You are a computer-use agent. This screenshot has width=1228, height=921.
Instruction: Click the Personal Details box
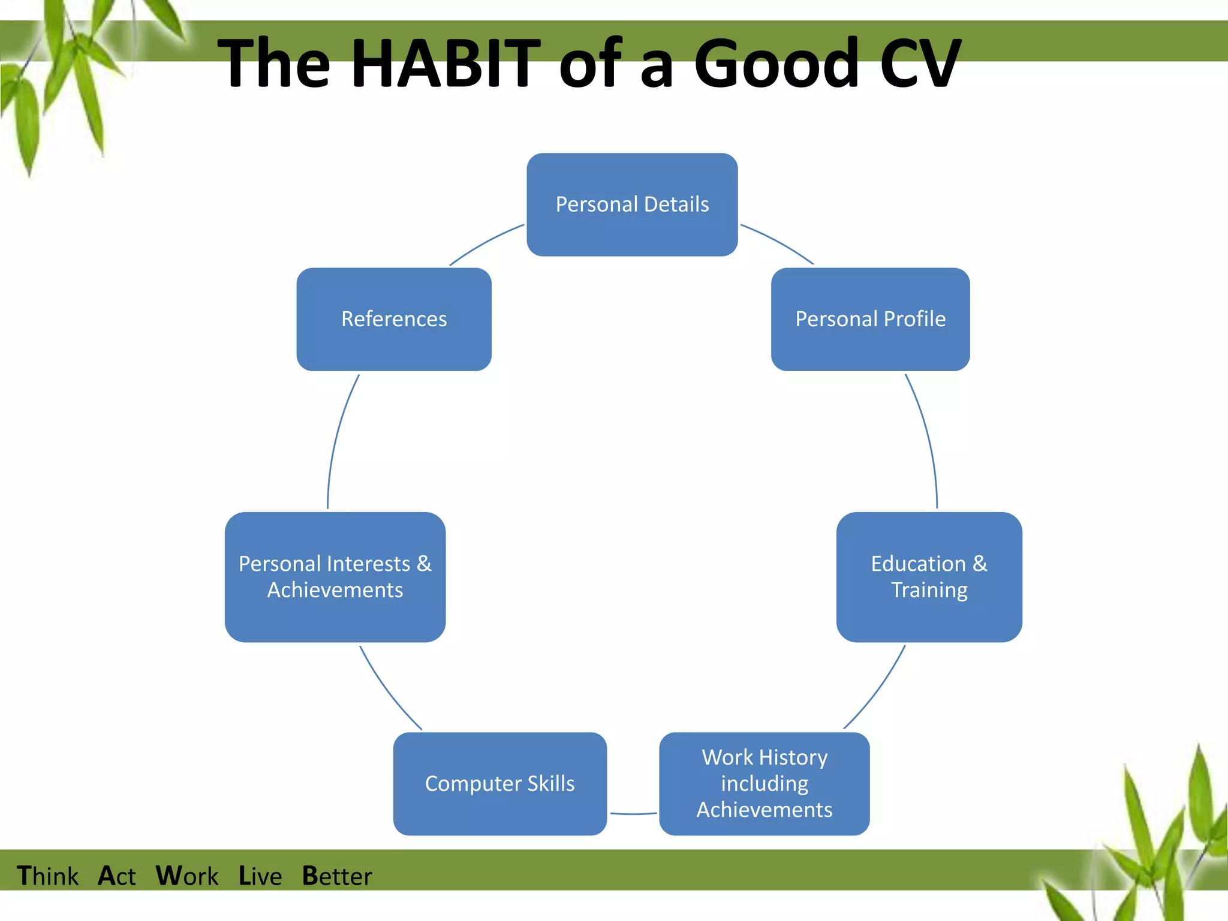(632, 204)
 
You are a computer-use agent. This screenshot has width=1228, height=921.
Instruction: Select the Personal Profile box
(870, 319)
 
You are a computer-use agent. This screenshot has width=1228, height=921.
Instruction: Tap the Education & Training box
(929, 577)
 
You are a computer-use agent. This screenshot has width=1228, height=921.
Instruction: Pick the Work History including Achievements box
(764, 783)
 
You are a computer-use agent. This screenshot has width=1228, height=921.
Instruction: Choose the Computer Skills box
(499, 783)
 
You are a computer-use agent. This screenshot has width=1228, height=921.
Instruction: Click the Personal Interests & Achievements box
(335, 577)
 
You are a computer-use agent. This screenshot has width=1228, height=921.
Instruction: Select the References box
(394, 319)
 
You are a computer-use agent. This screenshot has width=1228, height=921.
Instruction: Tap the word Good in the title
(777, 63)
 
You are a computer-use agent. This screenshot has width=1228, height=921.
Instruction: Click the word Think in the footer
(47, 876)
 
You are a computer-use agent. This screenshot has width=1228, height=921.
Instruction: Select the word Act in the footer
(117, 876)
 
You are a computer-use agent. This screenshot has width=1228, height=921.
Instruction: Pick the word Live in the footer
(260, 876)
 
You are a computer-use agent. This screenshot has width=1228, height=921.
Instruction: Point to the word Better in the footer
(337, 876)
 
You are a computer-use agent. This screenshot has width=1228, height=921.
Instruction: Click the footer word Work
(187, 876)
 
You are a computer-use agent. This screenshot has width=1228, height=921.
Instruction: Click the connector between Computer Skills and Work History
(633, 814)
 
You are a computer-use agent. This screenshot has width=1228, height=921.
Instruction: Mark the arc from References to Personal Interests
(336, 438)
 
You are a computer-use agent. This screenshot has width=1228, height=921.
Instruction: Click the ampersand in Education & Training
(979, 564)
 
